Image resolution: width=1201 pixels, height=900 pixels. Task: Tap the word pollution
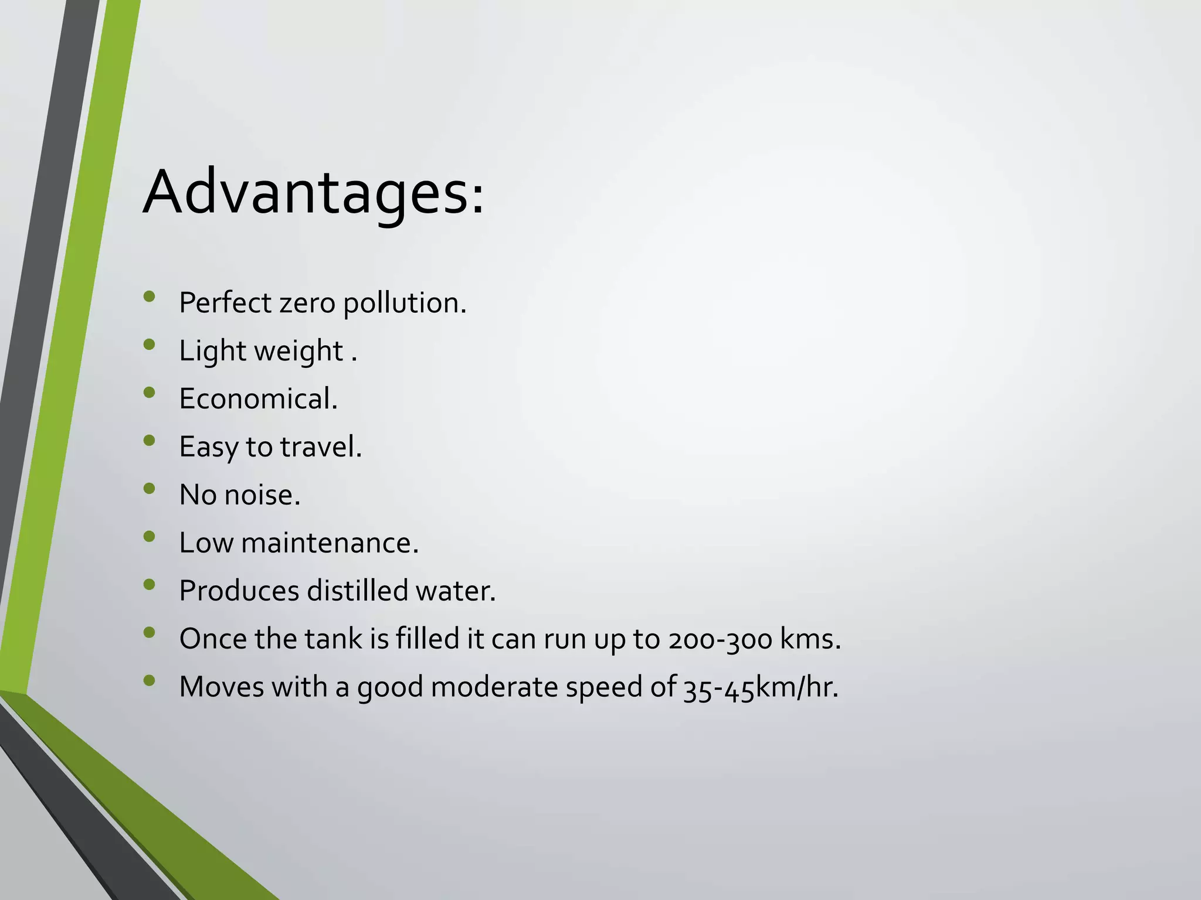tap(405, 304)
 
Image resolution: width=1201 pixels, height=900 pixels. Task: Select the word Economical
tap(258, 399)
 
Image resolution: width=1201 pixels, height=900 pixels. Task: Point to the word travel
tap(320, 447)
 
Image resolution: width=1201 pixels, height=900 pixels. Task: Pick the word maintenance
tap(330, 543)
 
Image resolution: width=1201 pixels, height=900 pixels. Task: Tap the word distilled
tap(357, 591)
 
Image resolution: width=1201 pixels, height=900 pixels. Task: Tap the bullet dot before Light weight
tap(149, 345)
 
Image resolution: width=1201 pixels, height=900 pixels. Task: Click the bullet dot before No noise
tap(149, 489)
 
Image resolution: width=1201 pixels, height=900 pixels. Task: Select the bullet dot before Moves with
tap(149, 680)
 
